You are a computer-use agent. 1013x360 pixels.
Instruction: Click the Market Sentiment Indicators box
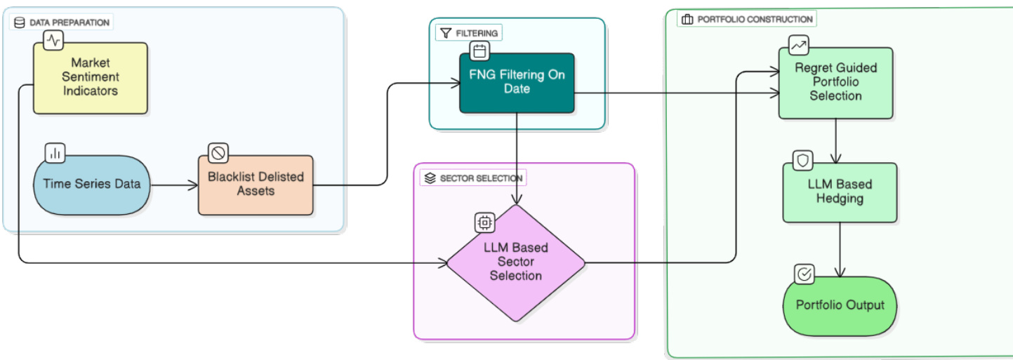(91, 78)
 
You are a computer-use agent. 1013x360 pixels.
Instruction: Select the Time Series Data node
(91, 185)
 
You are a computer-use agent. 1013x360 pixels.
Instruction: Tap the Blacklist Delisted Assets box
(256, 184)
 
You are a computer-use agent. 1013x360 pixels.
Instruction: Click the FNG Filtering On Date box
(517, 83)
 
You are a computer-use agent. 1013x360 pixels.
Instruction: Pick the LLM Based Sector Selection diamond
(516, 262)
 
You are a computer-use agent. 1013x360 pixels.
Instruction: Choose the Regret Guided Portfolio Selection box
(835, 82)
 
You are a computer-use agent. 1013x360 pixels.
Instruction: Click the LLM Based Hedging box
(840, 192)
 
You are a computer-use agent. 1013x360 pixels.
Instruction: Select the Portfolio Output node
(840, 305)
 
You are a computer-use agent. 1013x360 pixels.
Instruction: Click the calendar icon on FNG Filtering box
(479, 51)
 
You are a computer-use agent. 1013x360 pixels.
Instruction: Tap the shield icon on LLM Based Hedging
(803, 161)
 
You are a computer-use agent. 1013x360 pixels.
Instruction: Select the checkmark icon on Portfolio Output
(805, 274)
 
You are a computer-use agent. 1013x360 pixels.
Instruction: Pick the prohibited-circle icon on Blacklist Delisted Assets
(218, 152)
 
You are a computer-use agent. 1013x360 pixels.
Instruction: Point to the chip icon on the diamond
(484, 222)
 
